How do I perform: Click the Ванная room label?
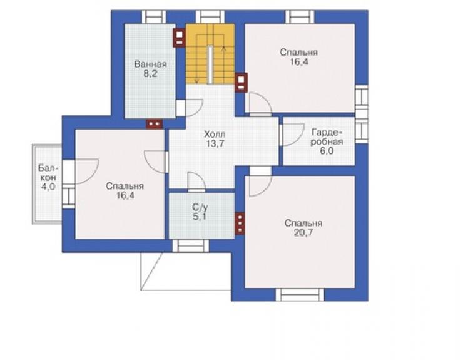click(x=150, y=64)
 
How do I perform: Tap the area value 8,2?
click(x=150, y=74)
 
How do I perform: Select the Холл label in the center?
click(x=215, y=135)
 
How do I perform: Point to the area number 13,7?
click(x=215, y=144)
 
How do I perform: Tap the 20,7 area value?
click(x=303, y=233)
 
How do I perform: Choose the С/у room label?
click(x=200, y=207)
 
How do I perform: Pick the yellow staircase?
click(x=210, y=54)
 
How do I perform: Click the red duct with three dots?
click(x=240, y=224)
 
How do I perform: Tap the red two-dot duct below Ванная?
click(x=155, y=124)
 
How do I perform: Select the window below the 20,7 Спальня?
click(x=300, y=295)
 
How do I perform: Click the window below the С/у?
click(x=190, y=246)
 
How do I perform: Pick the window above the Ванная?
click(x=154, y=17)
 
